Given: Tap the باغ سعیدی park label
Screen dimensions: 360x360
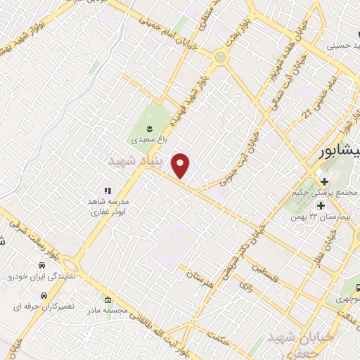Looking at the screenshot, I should (149, 139).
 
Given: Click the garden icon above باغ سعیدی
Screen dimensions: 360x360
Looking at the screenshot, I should (149, 128).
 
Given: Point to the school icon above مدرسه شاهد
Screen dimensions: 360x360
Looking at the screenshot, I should (108, 191).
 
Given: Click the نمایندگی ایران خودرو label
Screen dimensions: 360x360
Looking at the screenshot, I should (39, 277).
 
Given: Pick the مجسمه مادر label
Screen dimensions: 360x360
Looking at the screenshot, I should (107, 309).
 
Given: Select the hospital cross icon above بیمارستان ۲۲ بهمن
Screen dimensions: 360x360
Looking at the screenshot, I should (321, 205).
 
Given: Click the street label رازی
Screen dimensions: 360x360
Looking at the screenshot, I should (245, 287).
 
